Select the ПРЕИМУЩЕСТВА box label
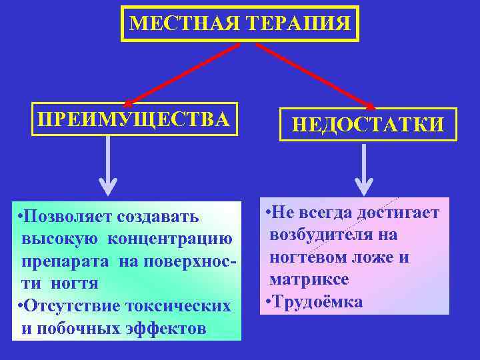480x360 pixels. pos(134,119)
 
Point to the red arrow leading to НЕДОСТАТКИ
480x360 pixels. pos(313,73)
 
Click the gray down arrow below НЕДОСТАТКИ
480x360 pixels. pos(363,170)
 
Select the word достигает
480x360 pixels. pos(399,213)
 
